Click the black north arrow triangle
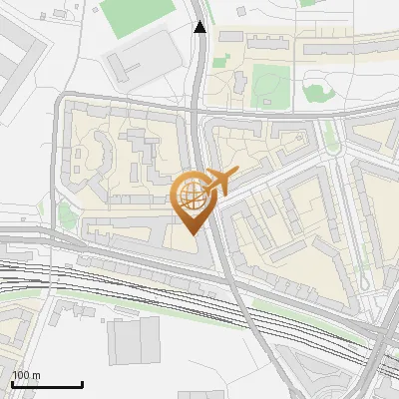pos(200,27)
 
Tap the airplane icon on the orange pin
pos(218,183)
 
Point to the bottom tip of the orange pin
pos(192,233)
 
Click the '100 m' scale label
pos(26,375)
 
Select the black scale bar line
pos(46,384)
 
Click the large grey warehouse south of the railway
pos(134,340)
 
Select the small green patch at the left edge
pos(66,214)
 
